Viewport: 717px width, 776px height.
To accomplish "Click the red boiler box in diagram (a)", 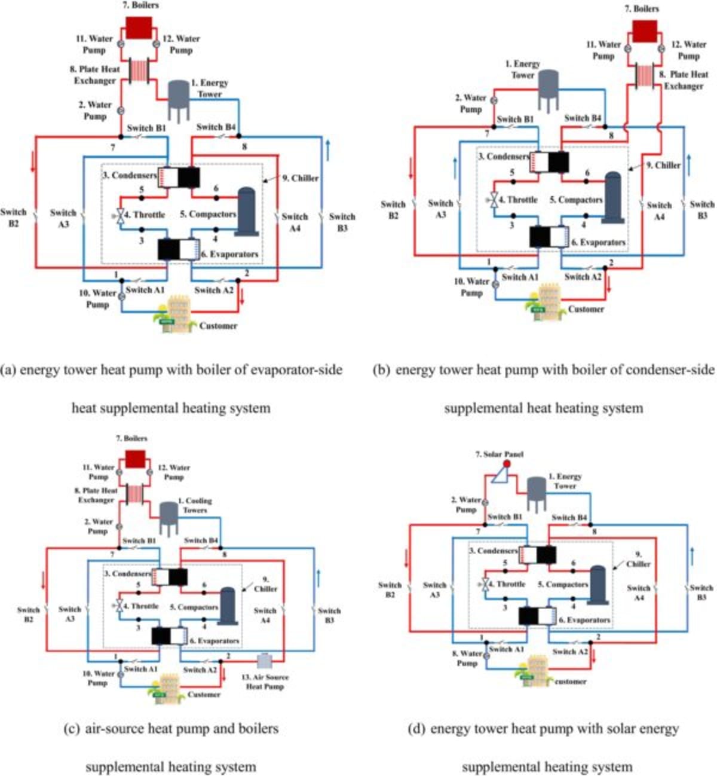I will coord(139,28).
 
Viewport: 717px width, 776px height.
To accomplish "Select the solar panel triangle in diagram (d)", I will coord(497,474).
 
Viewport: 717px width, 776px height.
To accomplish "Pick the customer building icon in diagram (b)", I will coord(544,298).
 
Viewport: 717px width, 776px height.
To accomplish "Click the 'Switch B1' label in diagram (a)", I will coord(146,128).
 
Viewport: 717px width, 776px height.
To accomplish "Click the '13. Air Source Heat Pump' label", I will coord(265,682).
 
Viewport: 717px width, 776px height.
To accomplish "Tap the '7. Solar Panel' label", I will coord(499,454).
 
